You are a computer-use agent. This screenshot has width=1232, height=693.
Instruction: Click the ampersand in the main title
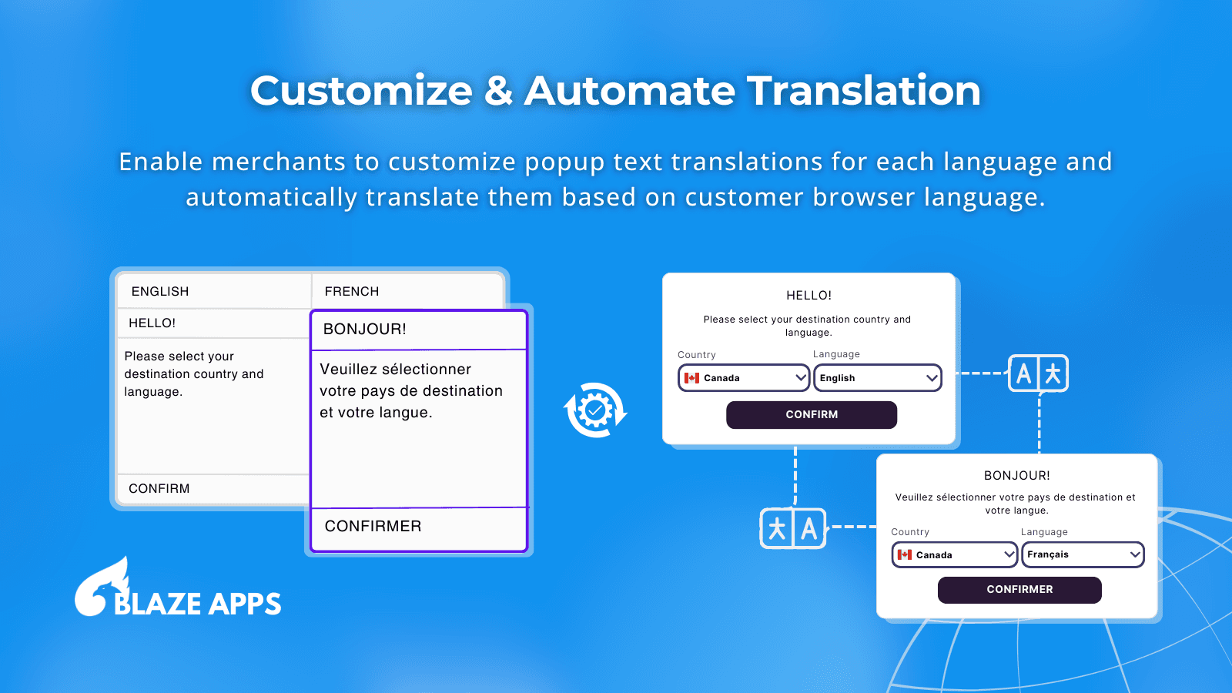point(499,90)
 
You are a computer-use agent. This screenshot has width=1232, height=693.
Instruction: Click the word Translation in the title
point(863,90)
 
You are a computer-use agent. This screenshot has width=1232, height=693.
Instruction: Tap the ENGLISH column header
point(160,291)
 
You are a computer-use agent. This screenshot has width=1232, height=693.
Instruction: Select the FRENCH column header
point(352,291)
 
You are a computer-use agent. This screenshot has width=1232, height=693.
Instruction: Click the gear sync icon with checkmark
point(596,410)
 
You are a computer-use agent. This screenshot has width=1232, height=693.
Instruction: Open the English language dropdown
point(878,378)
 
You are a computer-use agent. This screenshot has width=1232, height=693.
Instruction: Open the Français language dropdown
point(1083,554)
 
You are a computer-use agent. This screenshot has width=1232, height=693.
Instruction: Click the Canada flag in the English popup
point(692,378)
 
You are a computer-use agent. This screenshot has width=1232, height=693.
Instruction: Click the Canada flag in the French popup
point(904,554)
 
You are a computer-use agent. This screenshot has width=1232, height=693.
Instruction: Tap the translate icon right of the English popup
point(1039,373)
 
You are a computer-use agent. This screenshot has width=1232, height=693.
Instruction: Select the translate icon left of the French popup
point(792,528)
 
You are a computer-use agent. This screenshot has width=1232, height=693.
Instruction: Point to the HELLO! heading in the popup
point(809,296)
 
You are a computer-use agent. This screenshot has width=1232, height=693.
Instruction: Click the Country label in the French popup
point(910,532)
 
